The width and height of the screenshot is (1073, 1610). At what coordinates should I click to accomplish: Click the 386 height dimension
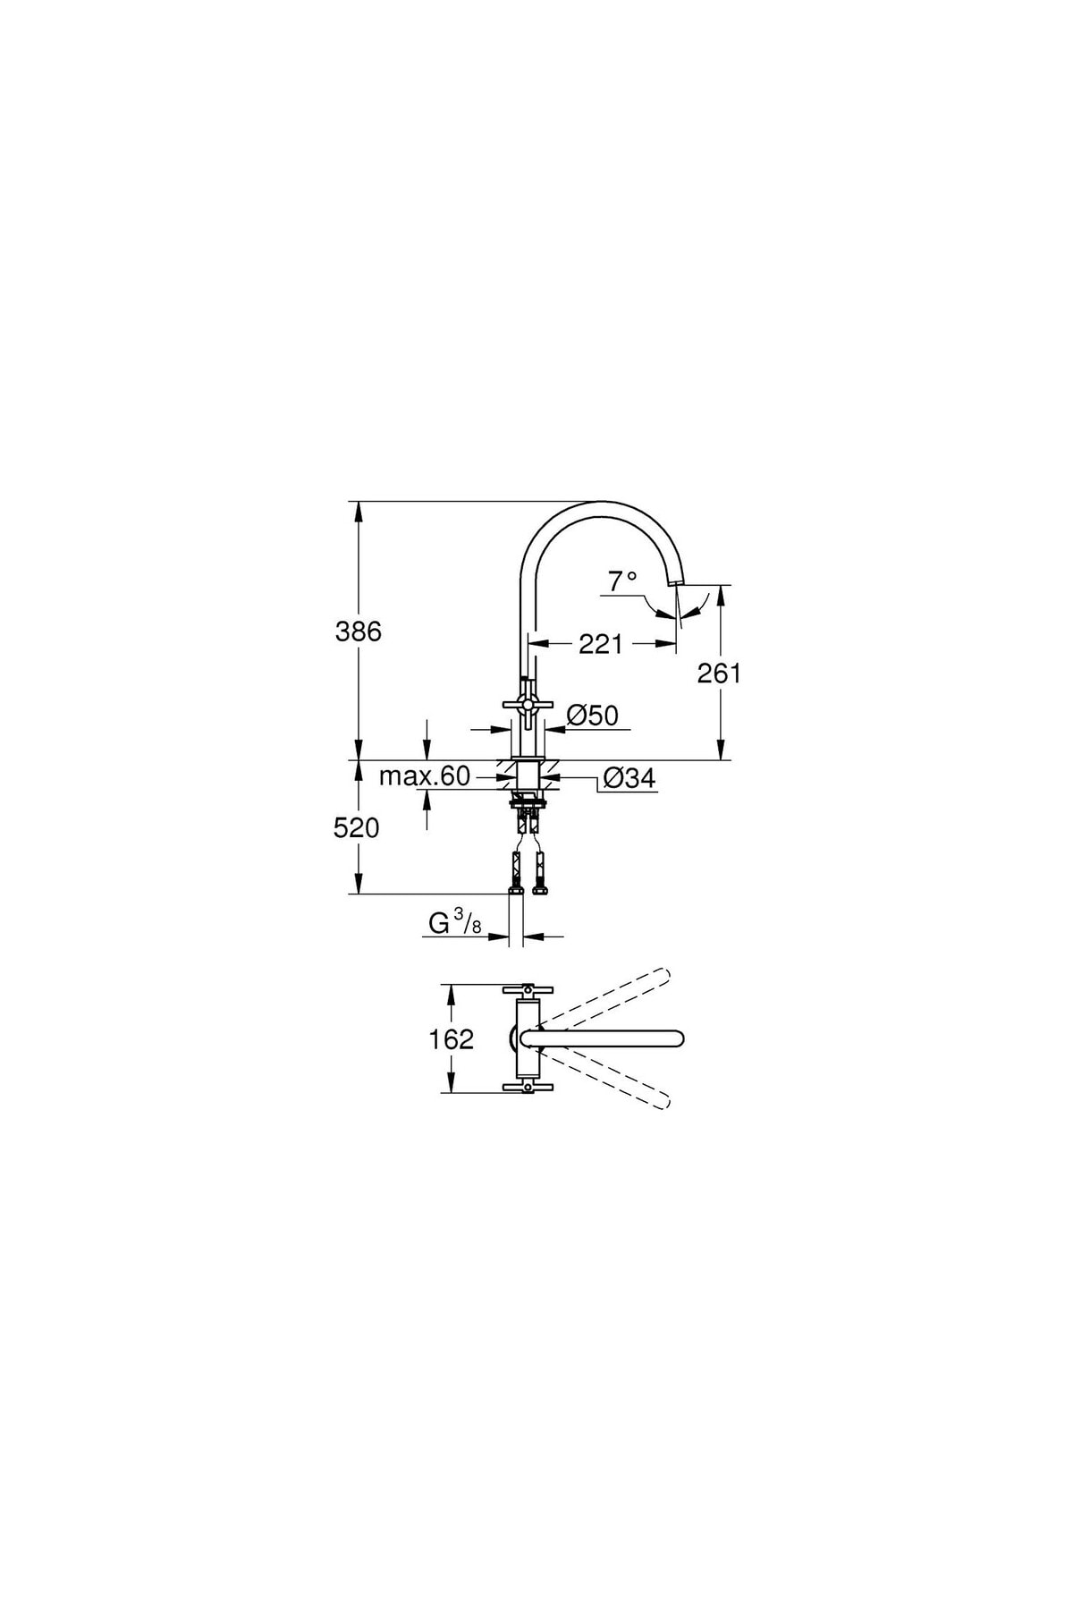click(x=358, y=631)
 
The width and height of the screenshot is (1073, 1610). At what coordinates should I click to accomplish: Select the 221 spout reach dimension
click(x=600, y=643)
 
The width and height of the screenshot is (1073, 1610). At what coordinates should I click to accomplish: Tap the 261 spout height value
click(x=720, y=673)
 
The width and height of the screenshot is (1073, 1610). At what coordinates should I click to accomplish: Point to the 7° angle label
click(x=622, y=581)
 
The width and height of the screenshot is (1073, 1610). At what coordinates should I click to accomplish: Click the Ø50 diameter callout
click(x=593, y=716)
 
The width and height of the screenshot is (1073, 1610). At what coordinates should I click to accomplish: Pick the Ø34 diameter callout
click(x=629, y=779)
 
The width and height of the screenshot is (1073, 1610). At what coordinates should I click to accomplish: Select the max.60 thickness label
click(x=424, y=775)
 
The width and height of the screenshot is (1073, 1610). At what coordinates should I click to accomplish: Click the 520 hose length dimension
click(x=357, y=828)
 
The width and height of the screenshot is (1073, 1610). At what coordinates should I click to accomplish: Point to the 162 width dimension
click(x=452, y=1039)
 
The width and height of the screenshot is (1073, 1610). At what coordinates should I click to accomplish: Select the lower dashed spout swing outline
click(x=608, y=1079)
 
